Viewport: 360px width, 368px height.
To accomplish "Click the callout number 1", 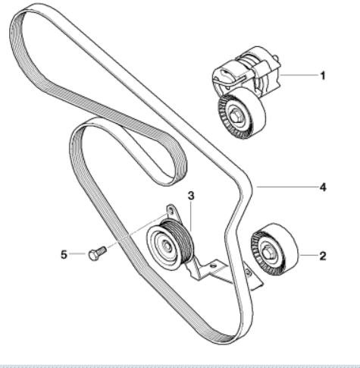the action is point(323,76).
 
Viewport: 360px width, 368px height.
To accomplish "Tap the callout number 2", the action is point(323,256).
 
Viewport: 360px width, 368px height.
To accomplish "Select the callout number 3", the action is point(191,196).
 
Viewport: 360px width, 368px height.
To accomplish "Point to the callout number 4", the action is point(323,187).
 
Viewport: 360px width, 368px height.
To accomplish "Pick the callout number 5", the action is point(64,254).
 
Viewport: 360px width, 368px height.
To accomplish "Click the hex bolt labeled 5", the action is point(97,253).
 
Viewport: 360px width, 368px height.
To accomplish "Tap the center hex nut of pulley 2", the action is point(268,252).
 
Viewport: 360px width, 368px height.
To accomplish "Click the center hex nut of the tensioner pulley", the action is point(236,117).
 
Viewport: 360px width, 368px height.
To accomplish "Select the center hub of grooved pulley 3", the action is point(166,245).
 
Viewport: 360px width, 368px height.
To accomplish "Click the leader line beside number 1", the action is point(299,75).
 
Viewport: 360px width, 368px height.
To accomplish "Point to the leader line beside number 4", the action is point(287,187).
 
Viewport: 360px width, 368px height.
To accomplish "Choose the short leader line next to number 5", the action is point(77,253).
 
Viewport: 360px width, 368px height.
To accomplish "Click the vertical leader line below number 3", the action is point(191,216).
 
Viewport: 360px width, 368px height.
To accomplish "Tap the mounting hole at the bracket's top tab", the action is point(171,210).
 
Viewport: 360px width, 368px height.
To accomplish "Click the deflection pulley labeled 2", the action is point(274,250).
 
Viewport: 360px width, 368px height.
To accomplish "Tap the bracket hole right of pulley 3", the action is point(214,266).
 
